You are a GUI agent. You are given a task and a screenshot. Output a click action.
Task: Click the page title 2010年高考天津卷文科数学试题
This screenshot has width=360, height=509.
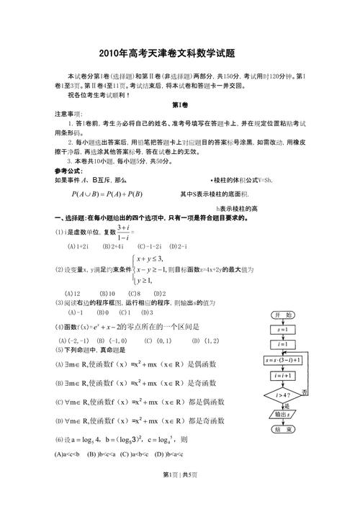click(x=180, y=54)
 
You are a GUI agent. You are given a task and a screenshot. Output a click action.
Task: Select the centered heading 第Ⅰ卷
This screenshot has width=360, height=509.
click(x=180, y=105)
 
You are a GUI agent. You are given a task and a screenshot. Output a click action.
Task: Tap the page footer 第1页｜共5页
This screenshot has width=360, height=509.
click(x=180, y=495)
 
